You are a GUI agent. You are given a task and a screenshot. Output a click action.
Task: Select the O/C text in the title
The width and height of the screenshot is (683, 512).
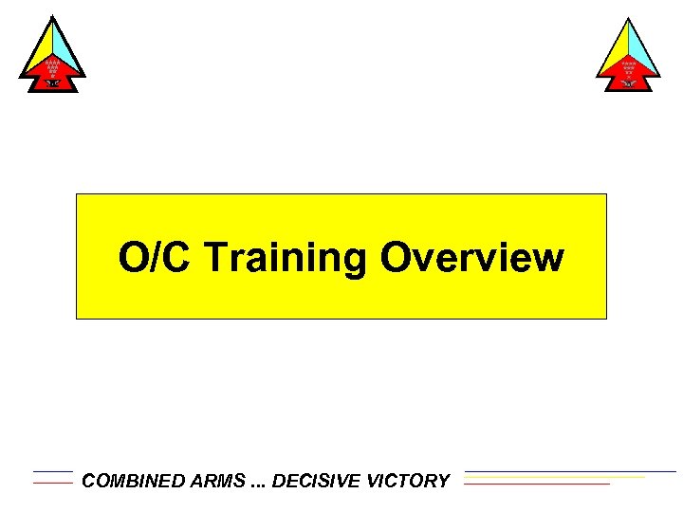coord(156,257)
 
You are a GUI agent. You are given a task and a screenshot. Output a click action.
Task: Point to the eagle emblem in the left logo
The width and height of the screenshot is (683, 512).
coord(52,83)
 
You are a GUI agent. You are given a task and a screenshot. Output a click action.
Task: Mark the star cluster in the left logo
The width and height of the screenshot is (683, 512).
coord(52,67)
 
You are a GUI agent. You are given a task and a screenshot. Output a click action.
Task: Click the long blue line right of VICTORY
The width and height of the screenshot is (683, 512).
coord(569,471)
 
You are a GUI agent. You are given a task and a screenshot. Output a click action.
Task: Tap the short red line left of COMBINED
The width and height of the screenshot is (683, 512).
coord(52,483)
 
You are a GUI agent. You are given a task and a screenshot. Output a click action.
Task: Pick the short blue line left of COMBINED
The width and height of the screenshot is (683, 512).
coord(52,471)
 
